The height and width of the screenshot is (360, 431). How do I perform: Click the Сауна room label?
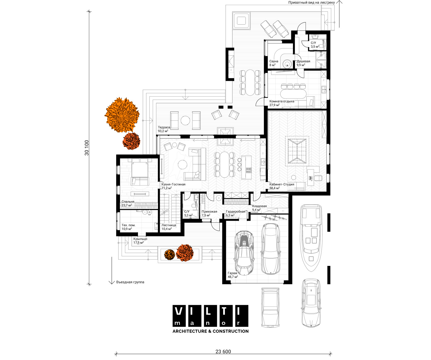pyautogui.click(x=274, y=61)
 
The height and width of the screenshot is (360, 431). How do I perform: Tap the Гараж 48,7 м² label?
pyautogui.click(x=233, y=275)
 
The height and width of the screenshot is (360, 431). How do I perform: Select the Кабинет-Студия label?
pyautogui.click(x=282, y=184)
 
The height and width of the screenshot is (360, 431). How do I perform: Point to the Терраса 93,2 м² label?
pyautogui.click(x=164, y=129)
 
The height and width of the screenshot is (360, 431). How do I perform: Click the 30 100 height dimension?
pyautogui.click(x=87, y=148)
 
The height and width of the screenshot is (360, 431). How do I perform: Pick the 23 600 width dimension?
pyautogui.click(x=223, y=352)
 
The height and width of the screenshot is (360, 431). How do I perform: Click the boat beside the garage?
pyautogui.click(x=311, y=238)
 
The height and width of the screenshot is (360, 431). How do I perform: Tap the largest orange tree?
pyautogui.click(x=122, y=115)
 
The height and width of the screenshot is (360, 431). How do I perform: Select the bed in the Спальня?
pyautogui.click(x=140, y=172)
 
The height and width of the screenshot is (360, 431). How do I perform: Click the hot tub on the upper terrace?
pyautogui.click(x=241, y=21)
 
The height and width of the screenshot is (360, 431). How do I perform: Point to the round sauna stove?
pyautogui.click(x=287, y=64)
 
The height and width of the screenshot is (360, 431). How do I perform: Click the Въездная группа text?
pyautogui.click(x=130, y=282)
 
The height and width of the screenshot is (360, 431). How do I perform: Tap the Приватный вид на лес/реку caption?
pyautogui.click(x=311, y=3)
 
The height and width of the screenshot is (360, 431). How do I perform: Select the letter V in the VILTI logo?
pyautogui.click(x=178, y=311)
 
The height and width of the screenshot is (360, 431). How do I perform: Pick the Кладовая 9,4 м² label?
pyautogui.click(x=259, y=208)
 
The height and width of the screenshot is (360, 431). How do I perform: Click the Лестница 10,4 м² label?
pyautogui.click(x=169, y=227)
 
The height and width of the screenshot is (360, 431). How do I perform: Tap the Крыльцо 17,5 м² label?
pyautogui.click(x=140, y=240)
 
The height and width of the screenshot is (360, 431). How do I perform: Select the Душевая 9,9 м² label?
pyautogui.click(x=303, y=63)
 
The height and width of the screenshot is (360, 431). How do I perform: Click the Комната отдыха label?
pyautogui.click(x=282, y=101)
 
